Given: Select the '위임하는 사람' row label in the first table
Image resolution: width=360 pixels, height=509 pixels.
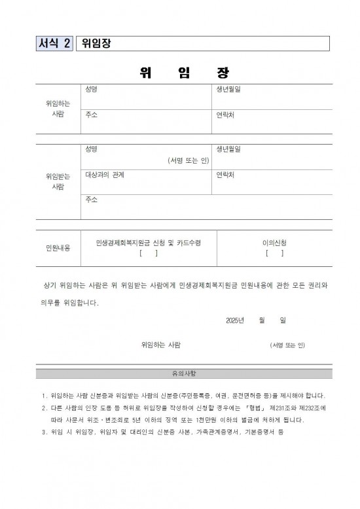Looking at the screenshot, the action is pos(58,109).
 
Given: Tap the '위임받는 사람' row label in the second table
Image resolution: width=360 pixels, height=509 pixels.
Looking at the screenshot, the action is pos(58,181).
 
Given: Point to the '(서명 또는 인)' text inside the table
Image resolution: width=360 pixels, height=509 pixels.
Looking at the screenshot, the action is pos(188,160).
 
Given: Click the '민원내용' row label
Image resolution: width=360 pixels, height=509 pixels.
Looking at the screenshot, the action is pos(58,248).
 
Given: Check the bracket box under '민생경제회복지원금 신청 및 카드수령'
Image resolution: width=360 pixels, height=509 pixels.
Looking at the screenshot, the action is pos(148,253).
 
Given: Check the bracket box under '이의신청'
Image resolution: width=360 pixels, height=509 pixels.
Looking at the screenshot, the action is pos(274,253).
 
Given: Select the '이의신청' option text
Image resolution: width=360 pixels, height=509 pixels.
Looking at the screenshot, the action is pos(274,243).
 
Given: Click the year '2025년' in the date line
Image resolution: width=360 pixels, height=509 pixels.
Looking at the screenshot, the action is pos(234,320).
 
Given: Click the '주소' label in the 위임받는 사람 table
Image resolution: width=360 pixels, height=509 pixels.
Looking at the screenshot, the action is pos(92,200).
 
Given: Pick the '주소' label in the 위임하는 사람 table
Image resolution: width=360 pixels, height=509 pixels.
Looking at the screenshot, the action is pos(92,114).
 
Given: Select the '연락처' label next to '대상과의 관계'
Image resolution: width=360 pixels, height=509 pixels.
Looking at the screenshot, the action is pos(225,175).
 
